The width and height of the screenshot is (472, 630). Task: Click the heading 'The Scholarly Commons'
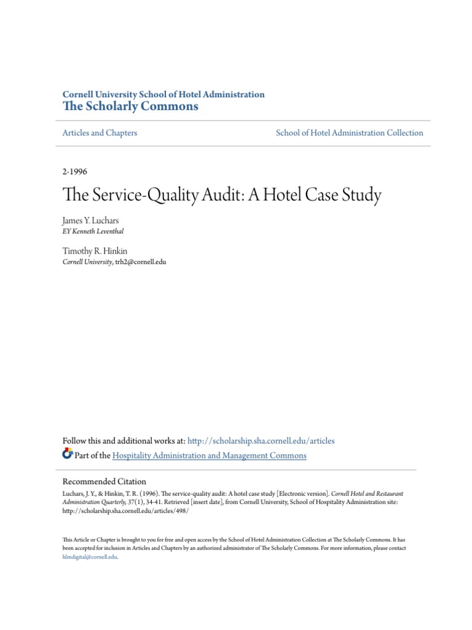131,106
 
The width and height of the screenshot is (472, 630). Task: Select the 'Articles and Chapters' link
100,133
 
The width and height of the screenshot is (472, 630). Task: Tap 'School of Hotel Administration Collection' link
350,133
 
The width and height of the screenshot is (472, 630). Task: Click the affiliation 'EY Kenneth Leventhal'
97,231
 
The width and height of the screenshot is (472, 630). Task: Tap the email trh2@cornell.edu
141,262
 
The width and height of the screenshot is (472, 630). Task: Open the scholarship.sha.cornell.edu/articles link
261,441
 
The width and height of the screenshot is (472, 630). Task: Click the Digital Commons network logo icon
68,455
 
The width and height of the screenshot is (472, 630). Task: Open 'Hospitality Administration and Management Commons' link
210,456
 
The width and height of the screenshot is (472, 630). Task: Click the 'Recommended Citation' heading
104,482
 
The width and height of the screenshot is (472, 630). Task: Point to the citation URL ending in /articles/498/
125,511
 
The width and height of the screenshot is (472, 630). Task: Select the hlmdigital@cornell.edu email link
89,556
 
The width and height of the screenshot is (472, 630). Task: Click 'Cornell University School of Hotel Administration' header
163,95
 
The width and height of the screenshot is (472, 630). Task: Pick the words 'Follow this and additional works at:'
124,441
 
